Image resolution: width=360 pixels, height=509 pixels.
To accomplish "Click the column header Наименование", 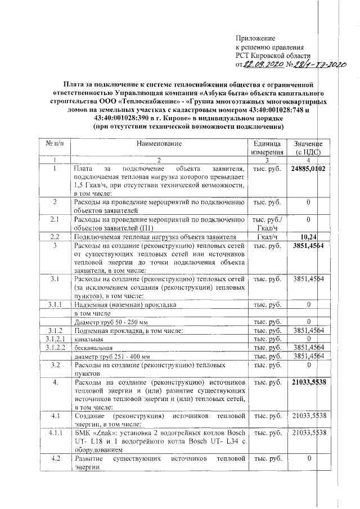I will tap(159, 144).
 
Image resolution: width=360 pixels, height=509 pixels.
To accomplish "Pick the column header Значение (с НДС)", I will tap(308, 148).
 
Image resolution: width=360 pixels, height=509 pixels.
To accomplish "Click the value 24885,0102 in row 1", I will tap(309, 169).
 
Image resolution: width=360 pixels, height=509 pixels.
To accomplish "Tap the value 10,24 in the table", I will tap(309, 237).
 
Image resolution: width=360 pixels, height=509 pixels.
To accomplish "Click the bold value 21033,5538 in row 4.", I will tap(309, 382).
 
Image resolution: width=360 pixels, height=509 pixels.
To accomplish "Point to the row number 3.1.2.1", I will tap(55, 339).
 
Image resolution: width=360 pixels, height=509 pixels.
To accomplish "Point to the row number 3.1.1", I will tap(55, 304).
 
